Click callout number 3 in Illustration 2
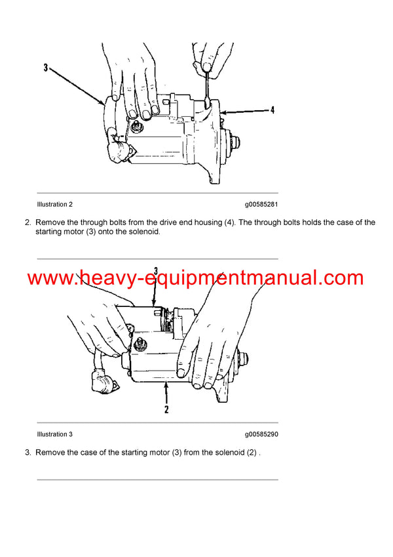(x=46, y=68)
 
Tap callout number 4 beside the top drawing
(x=272, y=111)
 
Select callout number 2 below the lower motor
(x=166, y=409)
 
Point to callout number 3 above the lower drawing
(x=156, y=270)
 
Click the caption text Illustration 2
(x=55, y=205)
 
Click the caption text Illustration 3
(x=55, y=434)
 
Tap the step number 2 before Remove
(x=28, y=222)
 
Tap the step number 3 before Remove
(x=28, y=453)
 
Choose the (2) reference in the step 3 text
(x=252, y=453)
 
